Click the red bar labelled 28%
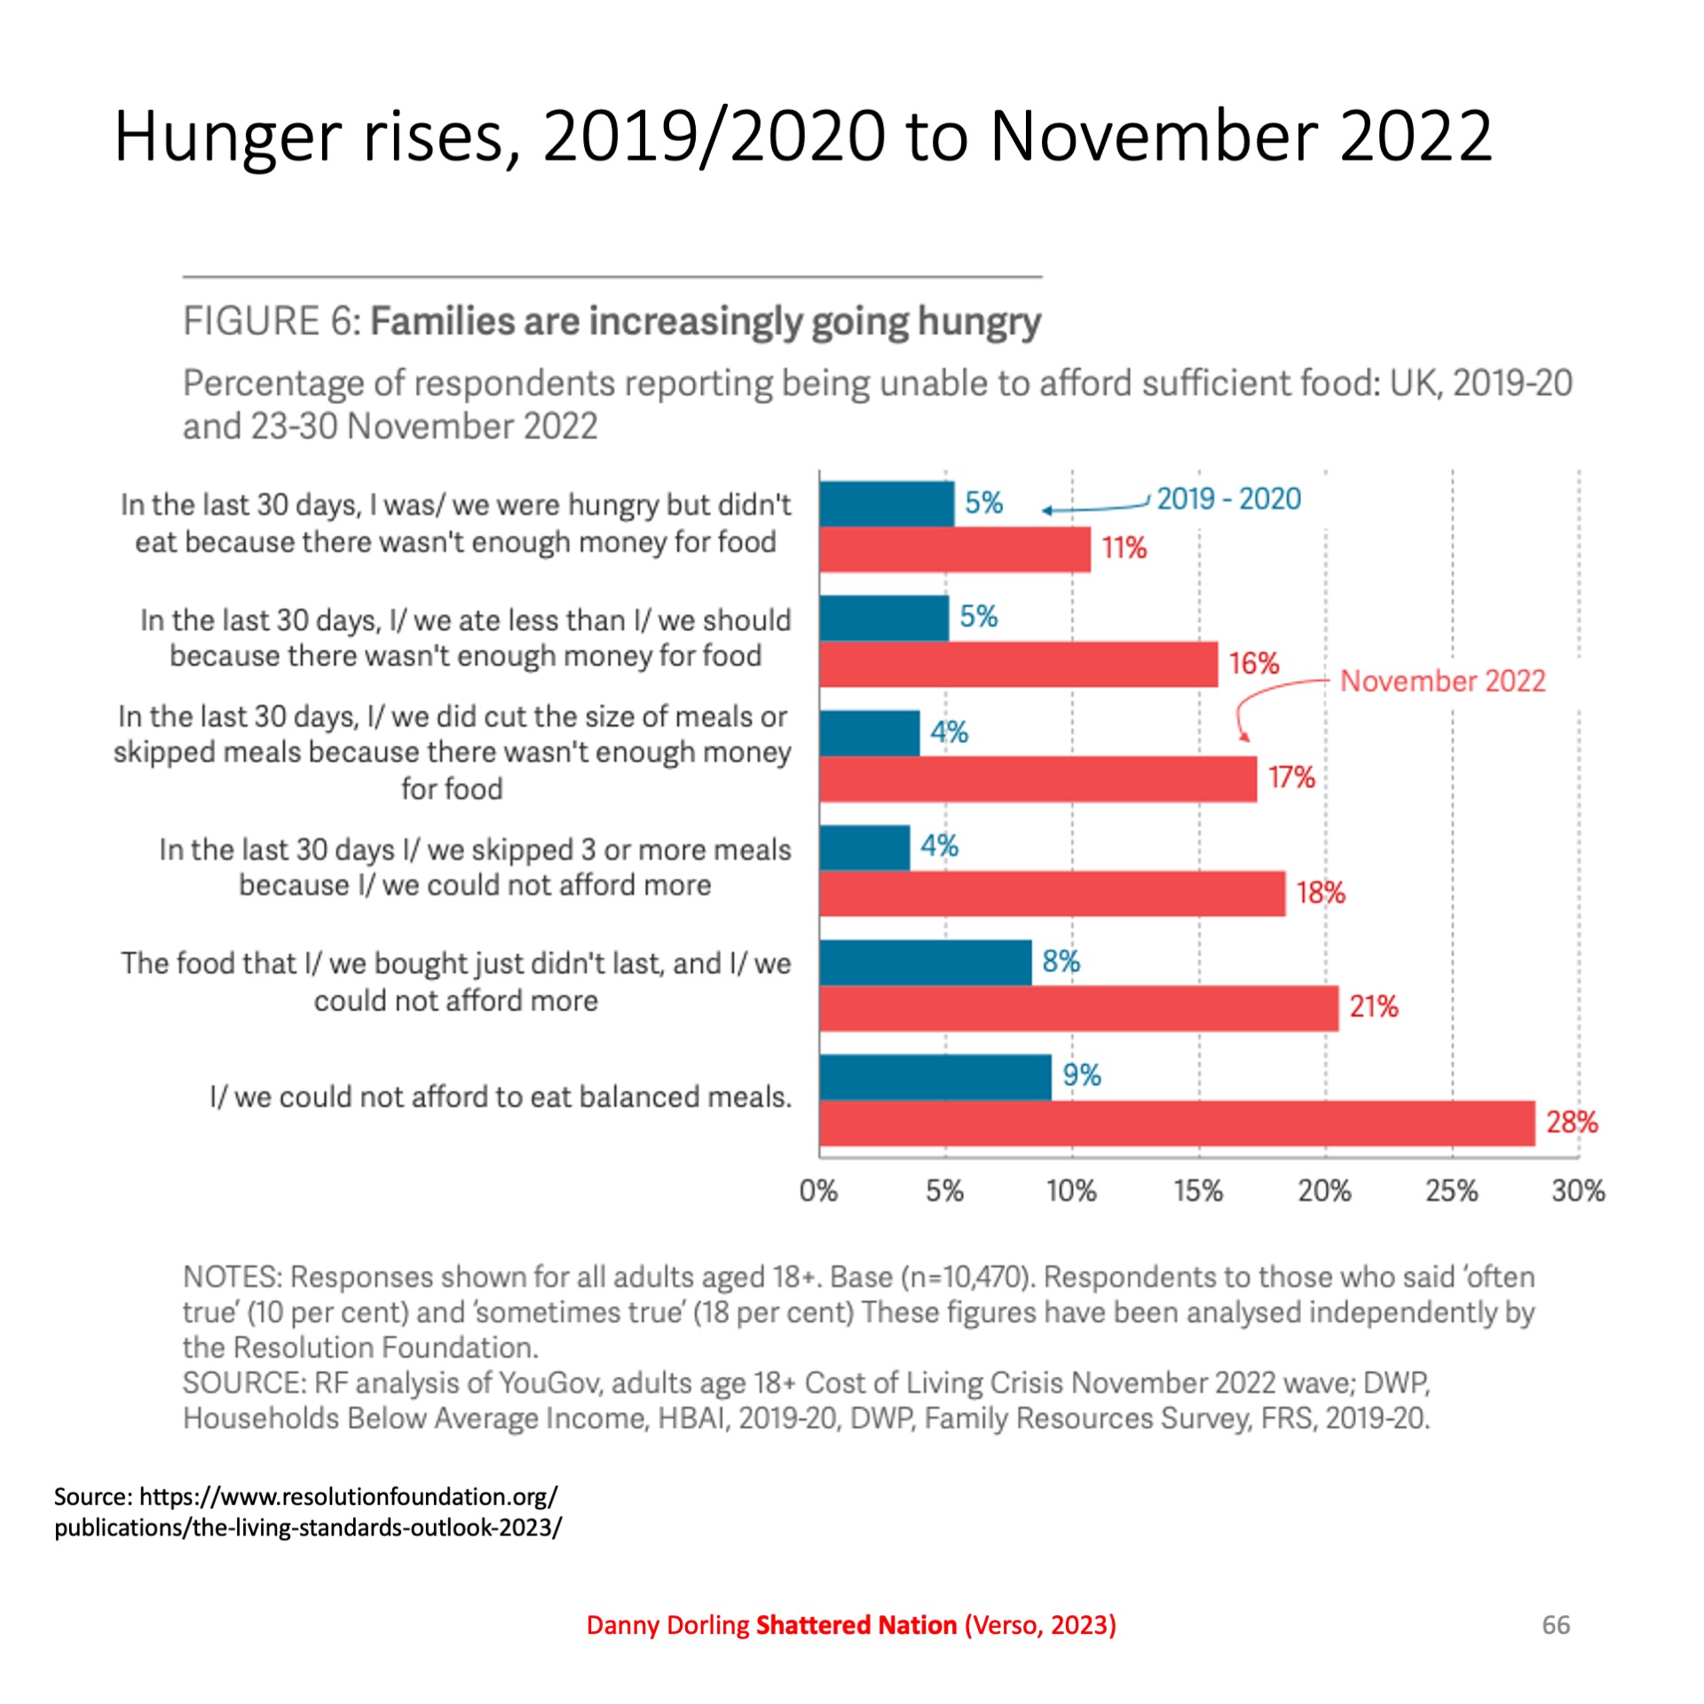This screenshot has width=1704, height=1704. [1176, 1123]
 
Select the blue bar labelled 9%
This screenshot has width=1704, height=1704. [935, 1077]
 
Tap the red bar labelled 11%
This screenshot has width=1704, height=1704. [954, 549]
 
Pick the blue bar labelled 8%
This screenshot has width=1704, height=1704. [925, 962]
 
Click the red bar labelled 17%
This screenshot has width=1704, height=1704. [1037, 779]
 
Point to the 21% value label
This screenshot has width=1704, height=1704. [1373, 1006]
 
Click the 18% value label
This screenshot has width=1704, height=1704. [1320, 893]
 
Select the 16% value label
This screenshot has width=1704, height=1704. [1253, 663]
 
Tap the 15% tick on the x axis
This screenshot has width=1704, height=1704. [1198, 1191]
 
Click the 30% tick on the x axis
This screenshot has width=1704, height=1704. [1578, 1191]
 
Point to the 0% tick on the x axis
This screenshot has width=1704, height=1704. [818, 1191]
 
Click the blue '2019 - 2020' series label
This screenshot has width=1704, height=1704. [1228, 500]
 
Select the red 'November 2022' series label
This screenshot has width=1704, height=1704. [1442, 681]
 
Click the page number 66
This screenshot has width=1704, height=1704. [1556, 1625]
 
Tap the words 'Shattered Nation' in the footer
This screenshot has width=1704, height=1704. [856, 1625]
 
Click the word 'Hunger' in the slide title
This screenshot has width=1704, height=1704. [227, 138]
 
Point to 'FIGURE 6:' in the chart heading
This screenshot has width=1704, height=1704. [272, 321]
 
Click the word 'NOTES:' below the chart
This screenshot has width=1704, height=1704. [233, 1277]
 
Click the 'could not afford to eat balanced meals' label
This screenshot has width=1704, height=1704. [500, 1097]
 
